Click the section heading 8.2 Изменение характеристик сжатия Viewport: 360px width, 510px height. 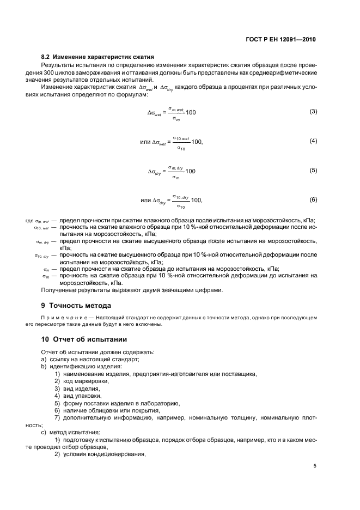(x=97, y=57)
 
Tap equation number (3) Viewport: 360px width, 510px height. (x=313, y=112)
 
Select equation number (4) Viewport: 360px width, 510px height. (x=313, y=141)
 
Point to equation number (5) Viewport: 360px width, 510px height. (x=313, y=171)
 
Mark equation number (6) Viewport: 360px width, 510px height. (x=313, y=200)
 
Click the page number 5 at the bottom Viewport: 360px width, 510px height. (x=315, y=466)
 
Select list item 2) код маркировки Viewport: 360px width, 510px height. (x=81, y=381)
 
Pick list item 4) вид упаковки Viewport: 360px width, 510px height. (x=77, y=396)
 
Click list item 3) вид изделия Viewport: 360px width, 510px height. (x=77, y=388)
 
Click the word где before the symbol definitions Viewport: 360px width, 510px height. (x=29, y=221)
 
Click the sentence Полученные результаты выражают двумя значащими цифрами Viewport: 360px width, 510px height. (x=132, y=290)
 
